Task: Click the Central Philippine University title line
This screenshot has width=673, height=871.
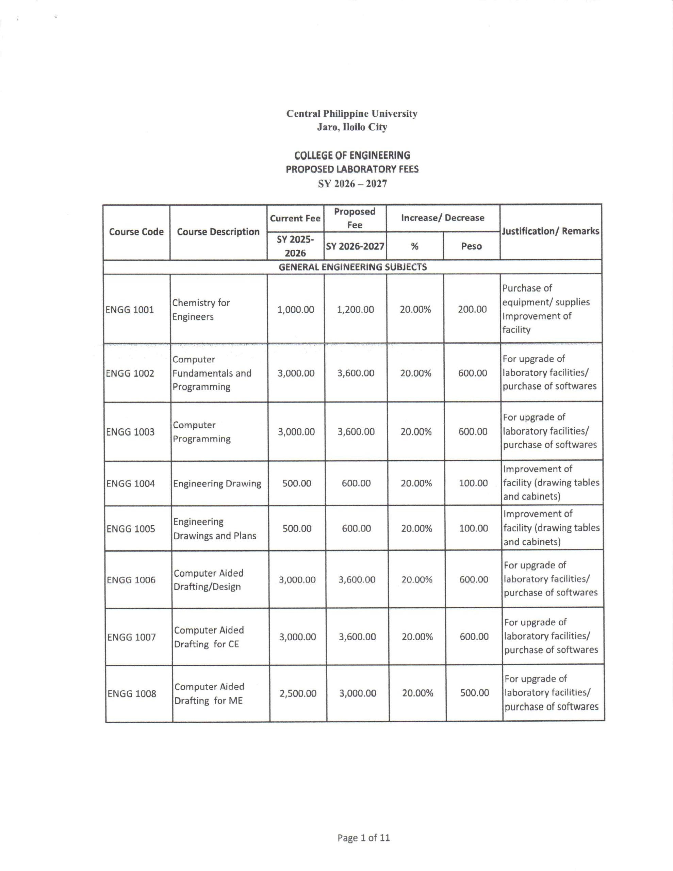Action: coord(352,114)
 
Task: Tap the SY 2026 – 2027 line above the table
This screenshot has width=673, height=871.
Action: coord(352,184)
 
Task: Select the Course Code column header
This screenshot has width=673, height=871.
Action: coord(136,232)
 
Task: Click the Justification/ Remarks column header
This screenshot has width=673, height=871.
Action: coord(551,231)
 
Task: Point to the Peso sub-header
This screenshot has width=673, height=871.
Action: coord(472,246)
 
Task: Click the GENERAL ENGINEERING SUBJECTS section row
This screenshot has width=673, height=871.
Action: coord(352,267)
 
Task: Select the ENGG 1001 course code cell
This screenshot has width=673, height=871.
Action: coord(130,310)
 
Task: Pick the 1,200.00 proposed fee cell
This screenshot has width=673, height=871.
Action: coord(356,310)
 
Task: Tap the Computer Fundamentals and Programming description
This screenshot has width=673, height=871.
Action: coord(212,373)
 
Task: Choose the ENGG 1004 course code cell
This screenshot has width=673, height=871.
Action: coord(130,484)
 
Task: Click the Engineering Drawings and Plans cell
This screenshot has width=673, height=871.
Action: coord(215,529)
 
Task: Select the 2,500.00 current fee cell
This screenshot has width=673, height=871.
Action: coord(298,693)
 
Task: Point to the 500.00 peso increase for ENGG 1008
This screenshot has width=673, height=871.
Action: coord(475,693)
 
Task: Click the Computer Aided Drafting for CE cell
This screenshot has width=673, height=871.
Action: coord(209,637)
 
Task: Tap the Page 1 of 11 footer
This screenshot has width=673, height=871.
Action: coord(363,838)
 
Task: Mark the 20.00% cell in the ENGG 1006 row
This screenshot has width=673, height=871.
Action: coord(417,579)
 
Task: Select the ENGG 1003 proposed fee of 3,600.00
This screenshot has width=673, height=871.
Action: coord(356,432)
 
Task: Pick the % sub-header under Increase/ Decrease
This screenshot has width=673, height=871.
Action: coord(415,246)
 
